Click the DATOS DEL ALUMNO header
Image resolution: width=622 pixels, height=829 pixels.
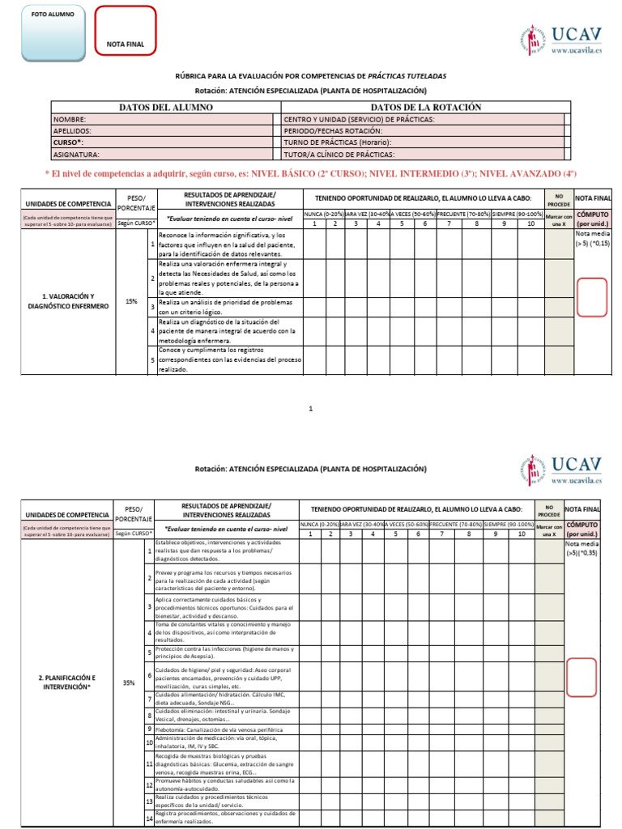pos(165,108)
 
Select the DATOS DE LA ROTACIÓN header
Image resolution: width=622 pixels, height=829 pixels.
pos(425,108)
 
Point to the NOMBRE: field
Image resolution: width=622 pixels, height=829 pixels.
pos(165,119)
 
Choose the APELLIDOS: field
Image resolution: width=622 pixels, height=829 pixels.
pos(165,130)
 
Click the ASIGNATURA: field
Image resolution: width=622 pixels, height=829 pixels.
pos(165,154)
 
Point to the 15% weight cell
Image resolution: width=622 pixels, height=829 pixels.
pos(130,301)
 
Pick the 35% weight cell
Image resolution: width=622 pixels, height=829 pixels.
pos(129,682)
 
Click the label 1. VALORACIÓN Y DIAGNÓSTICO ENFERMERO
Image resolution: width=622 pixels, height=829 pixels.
pos(67,301)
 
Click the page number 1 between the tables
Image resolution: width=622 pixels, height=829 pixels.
pos(311,409)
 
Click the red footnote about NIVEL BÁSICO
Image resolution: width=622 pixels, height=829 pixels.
pos(311,173)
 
